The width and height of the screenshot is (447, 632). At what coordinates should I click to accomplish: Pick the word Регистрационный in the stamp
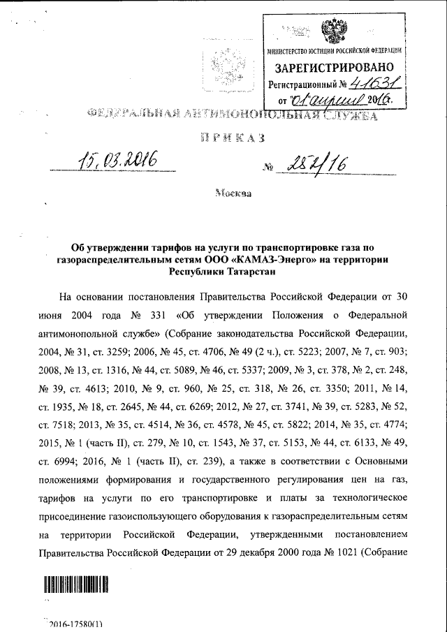click(x=306, y=84)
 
